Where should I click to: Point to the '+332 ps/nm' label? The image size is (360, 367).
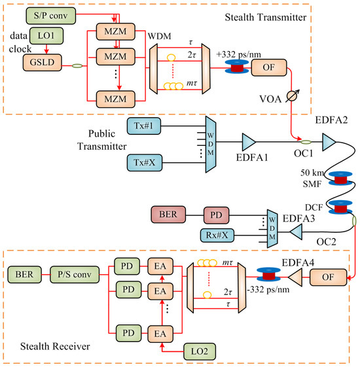coord(234,50)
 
